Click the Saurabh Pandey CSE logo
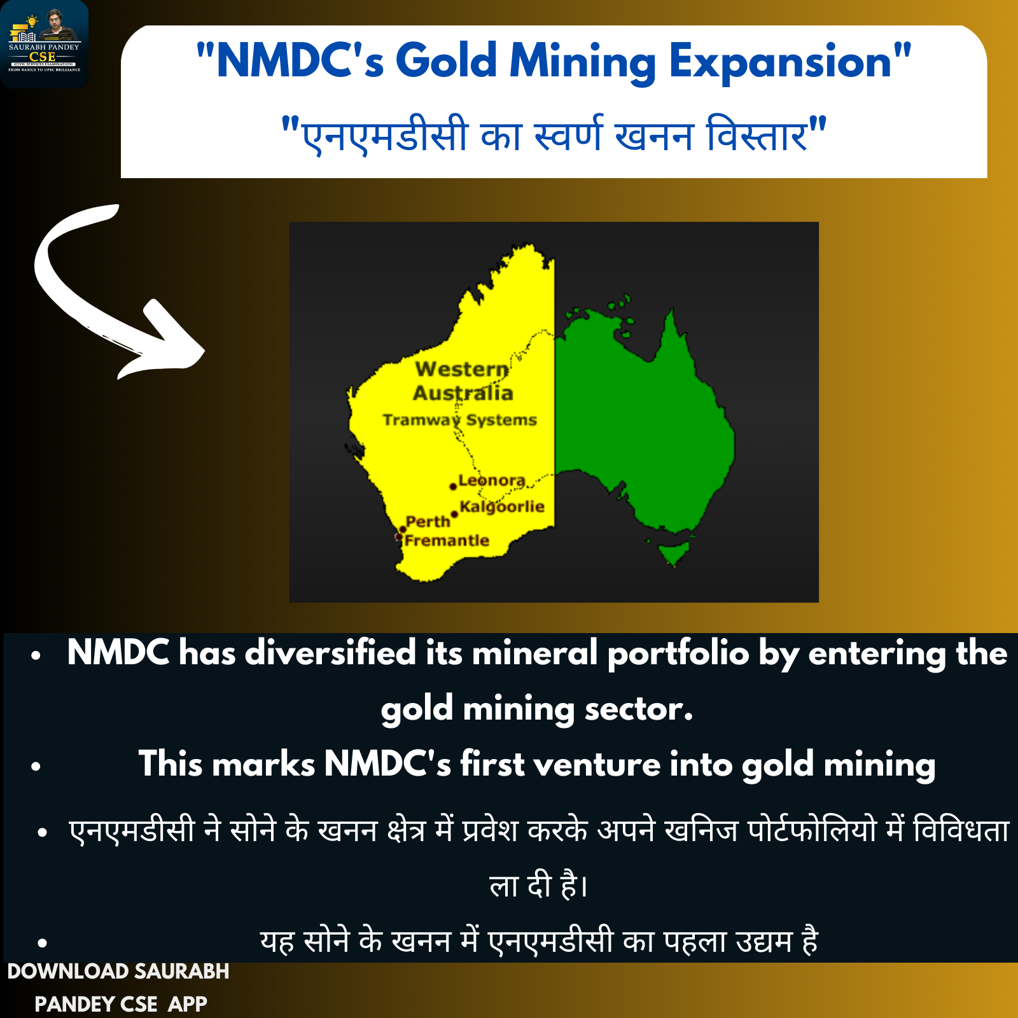pos(44,44)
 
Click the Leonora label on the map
pos(492,480)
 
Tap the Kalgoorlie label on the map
pos(502,507)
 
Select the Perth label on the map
pos(428,522)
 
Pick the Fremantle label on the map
pos(447,541)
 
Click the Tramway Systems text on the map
pos(460,420)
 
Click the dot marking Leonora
pos(453,487)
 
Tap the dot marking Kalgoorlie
pos(454,514)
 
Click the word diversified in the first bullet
pos(331,653)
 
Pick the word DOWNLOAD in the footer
pos(68,972)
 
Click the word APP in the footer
pos(188,1004)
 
